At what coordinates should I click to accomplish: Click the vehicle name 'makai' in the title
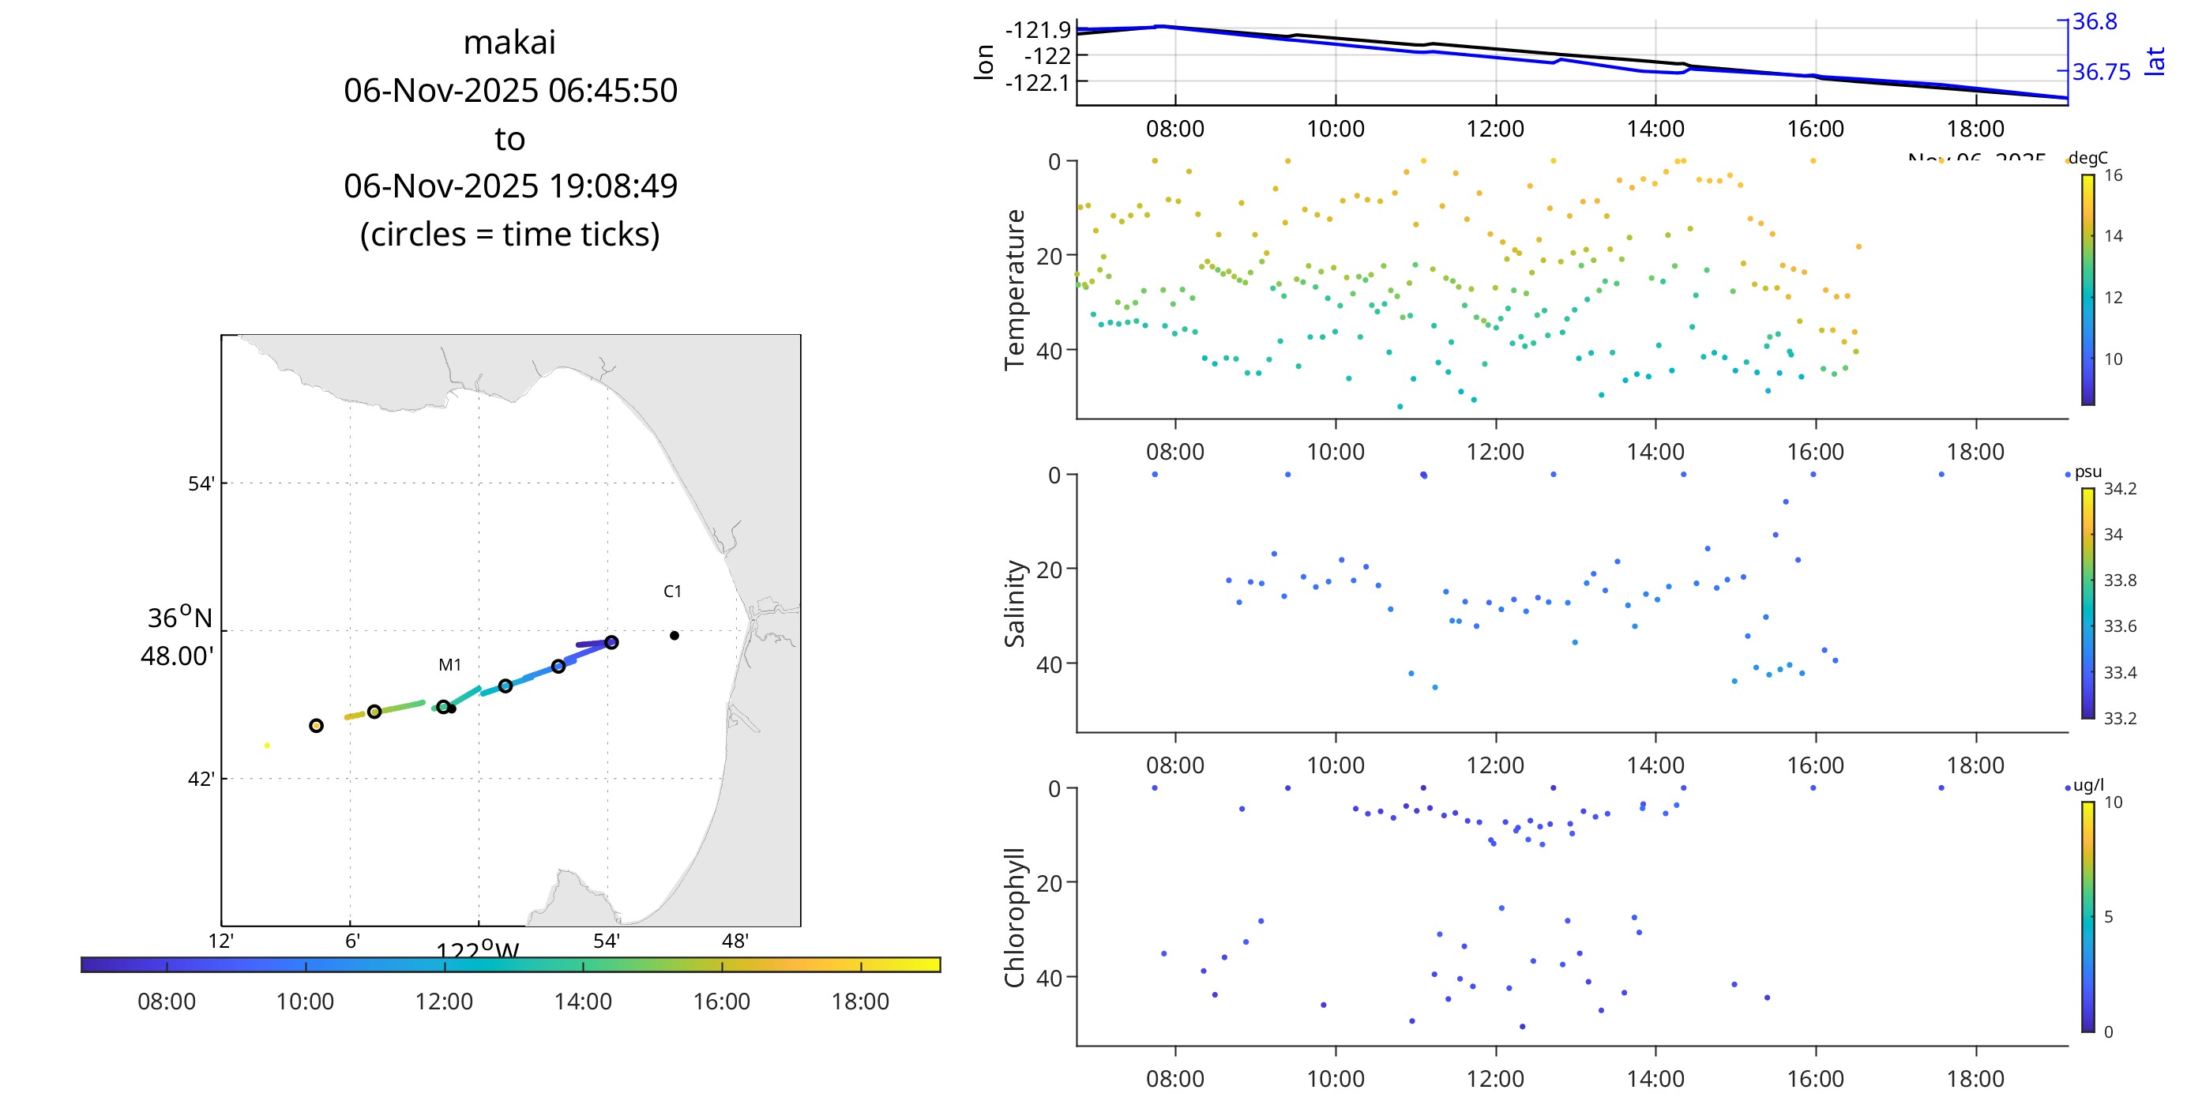point(509,43)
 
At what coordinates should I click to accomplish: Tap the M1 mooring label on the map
point(449,665)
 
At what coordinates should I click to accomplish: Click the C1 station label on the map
point(673,592)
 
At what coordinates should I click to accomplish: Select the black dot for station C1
point(675,635)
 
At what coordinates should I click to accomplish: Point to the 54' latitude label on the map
point(201,484)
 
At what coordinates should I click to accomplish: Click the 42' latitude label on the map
point(201,779)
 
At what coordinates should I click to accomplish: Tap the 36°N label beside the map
point(179,617)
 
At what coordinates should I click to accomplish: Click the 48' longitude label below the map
point(735,941)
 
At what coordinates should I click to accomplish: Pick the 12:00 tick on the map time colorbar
point(445,966)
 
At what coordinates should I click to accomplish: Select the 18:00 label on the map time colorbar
point(860,1001)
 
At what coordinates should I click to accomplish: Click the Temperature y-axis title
point(1015,289)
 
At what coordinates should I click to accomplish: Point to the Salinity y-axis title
point(1015,603)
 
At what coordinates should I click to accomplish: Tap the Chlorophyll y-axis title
point(1015,917)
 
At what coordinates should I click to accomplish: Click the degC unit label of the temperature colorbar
point(2088,158)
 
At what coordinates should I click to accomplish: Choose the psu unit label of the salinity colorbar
point(2088,472)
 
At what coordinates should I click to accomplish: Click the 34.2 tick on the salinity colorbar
point(2120,489)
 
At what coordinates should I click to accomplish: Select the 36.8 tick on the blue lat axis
point(2095,22)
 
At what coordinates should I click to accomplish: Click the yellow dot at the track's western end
point(267,746)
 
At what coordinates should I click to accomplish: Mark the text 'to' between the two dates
point(509,138)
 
